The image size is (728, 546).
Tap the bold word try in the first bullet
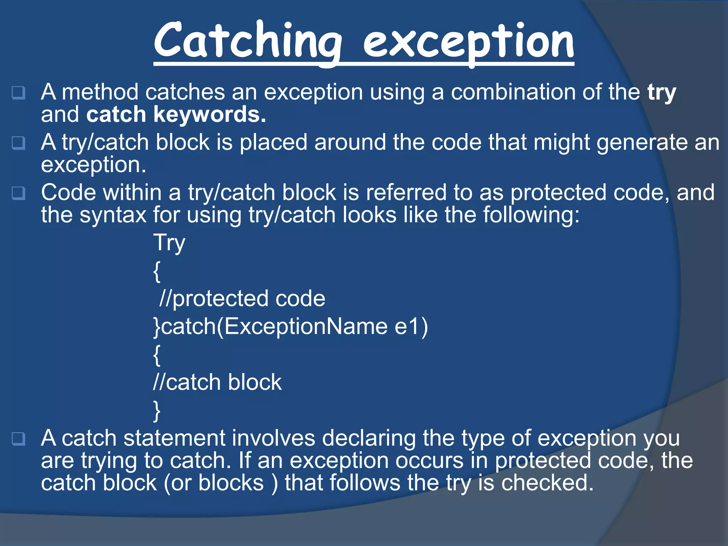[x=662, y=93]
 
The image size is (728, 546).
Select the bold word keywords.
[x=210, y=115]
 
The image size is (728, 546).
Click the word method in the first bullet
[x=100, y=92]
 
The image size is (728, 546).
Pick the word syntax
[x=113, y=215]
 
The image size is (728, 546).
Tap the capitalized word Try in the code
[x=169, y=243]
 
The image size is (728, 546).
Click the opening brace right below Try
[x=157, y=271]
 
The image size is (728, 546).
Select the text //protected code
[x=242, y=299]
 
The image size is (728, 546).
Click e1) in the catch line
[x=411, y=326]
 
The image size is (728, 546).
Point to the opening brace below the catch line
[x=157, y=355]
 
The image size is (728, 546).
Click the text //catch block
[x=217, y=382]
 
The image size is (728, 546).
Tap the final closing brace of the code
[x=157, y=411]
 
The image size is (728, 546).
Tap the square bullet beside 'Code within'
[x=18, y=193]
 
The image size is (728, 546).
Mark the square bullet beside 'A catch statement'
[x=18, y=439]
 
